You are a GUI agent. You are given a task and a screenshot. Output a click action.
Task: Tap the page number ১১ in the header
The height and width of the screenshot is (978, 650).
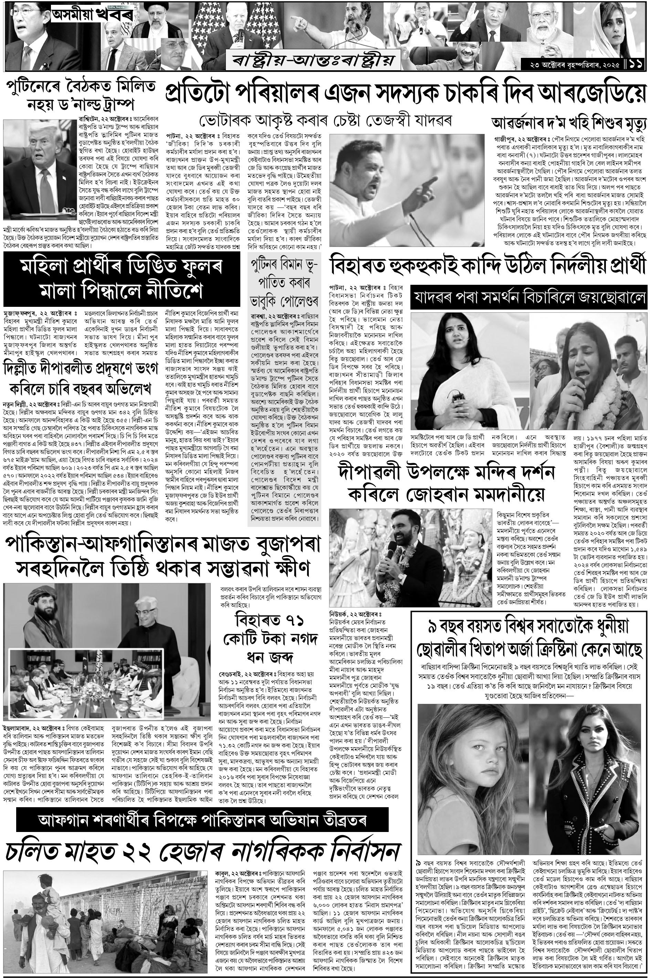coord(637,65)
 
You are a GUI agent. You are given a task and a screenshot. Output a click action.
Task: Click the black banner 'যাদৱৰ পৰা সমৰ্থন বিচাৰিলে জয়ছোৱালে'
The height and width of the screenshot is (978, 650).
coord(528,297)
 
